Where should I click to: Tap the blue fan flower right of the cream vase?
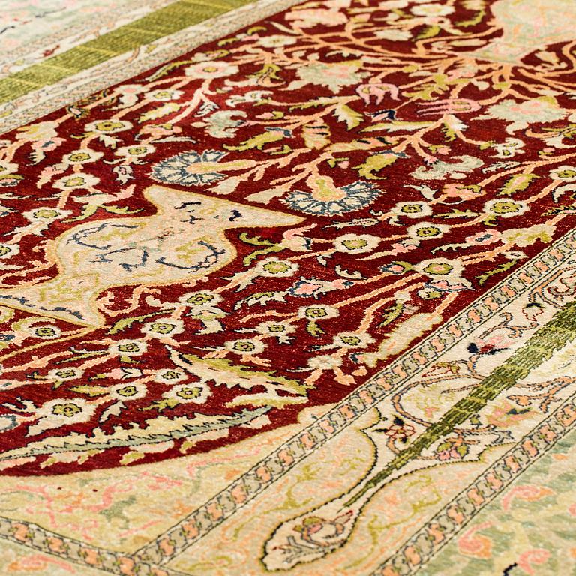330,196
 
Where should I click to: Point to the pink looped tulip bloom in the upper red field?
379,93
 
